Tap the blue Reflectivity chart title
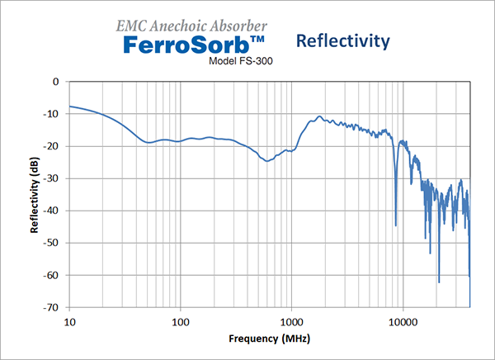[x=342, y=40]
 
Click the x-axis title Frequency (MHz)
[x=269, y=339]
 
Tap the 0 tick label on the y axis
[x=56, y=82]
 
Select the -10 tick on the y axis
[x=53, y=114]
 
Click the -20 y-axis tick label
[x=53, y=146]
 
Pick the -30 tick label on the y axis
[x=53, y=178]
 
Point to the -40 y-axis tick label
[x=53, y=211]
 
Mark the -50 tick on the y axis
[x=53, y=243]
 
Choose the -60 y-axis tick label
[x=53, y=275]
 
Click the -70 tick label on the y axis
[x=53, y=307]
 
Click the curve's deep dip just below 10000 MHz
[x=396, y=224]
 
